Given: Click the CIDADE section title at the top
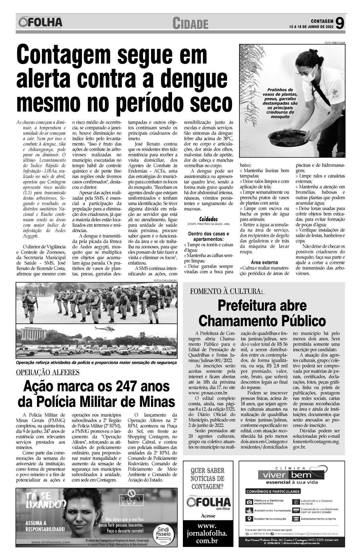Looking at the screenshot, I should pyautogui.click(x=190, y=24).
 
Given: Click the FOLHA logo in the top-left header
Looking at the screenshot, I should pyautogui.click(x=41, y=22).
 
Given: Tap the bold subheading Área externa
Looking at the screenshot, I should pyautogui.click(x=264, y=262).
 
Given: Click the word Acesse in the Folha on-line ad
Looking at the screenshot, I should pyautogui.click(x=208, y=516).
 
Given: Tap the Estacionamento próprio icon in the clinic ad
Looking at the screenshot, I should pyautogui.click(x=295, y=519).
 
